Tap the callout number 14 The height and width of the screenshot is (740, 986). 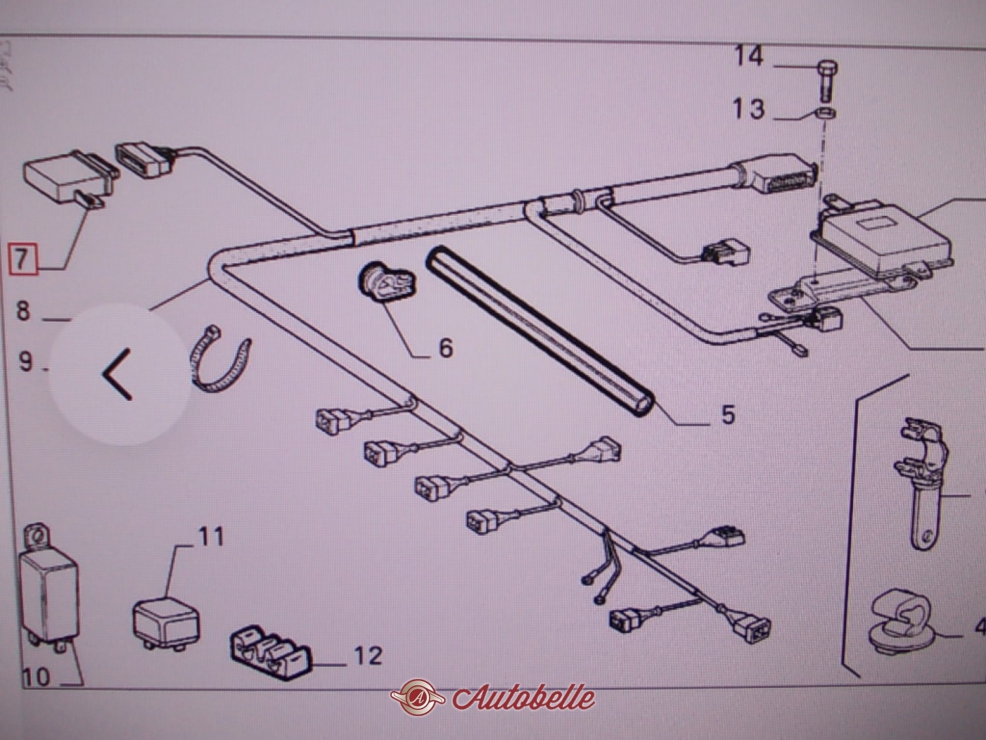tap(749, 56)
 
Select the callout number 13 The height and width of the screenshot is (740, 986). tap(748, 109)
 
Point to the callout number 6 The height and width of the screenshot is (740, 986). tap(445, 347)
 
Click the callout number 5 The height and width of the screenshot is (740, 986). tap(726, 414)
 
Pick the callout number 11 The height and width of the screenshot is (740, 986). tap(212, 536)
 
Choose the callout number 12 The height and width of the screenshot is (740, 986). tap(368, 656)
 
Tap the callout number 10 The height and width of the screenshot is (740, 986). tap(37, 678)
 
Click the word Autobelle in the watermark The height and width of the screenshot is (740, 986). tap(524, 698)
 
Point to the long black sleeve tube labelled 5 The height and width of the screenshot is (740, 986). tap(541, 329)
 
